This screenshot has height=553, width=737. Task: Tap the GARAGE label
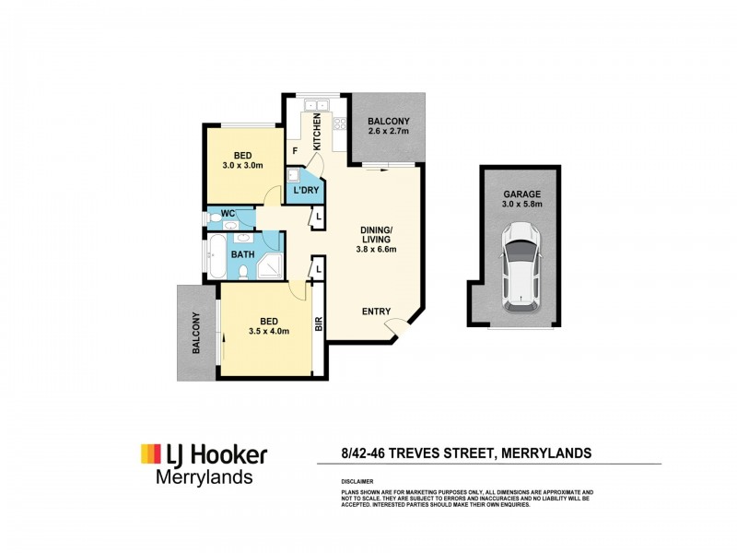tap(521, 194)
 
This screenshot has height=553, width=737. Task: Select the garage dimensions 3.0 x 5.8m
tap(521, 207)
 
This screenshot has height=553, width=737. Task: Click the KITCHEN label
tap(317, 132)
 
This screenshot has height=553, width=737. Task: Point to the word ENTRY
tap(376, 311)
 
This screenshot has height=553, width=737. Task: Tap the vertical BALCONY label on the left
tap(196, 334)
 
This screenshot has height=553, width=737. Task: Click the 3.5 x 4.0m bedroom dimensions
tap(270, 332)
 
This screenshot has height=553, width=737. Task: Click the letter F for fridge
tap(295, 150)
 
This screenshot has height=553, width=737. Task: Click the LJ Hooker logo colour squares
tap(150, 453)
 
